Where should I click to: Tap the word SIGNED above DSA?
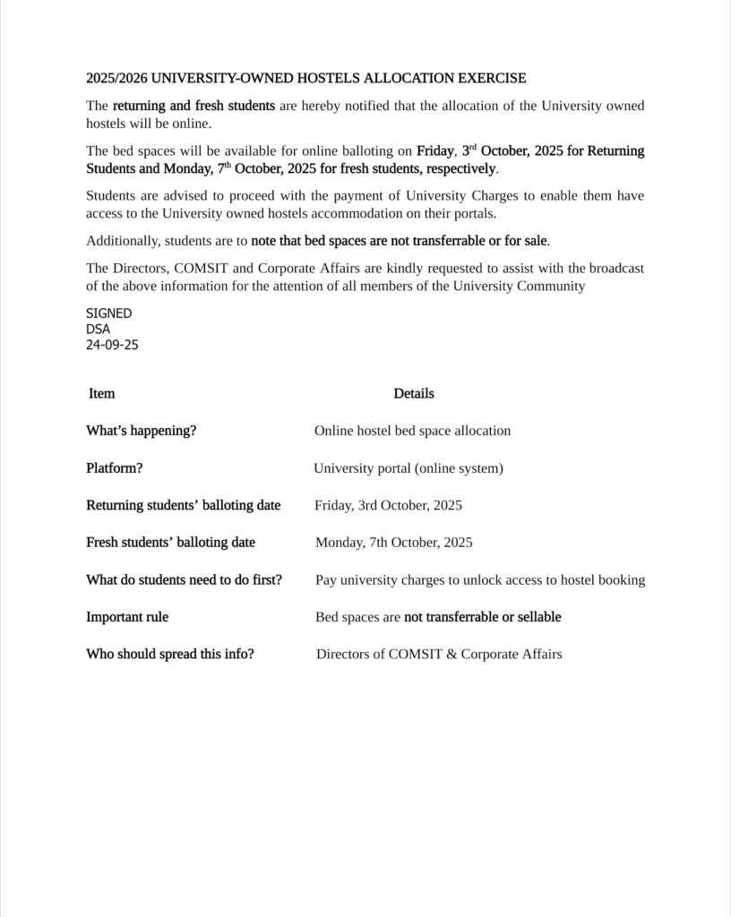[x=108, y=313]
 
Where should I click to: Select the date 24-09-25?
[x=112, y=344]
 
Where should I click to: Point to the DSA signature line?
[x=98, y=329]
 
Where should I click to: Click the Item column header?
[x=101, y=393]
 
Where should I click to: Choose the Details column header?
[x=413, y=393]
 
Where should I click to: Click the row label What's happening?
[x=141, y=431]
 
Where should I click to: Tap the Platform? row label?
[x=114, y=468]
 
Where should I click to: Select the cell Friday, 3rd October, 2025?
[x=388, y=505]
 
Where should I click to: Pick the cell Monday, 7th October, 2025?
[x=393, y=543]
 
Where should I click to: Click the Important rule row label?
[x=126, y=617]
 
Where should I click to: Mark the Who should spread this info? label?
[x=169, y=655]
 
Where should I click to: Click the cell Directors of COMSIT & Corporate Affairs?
[x=439, y=655]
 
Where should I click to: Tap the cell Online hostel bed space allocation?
[x=412, y=431]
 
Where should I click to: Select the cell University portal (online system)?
[x=408, y=468]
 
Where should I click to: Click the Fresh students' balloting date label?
[x=170, y=543]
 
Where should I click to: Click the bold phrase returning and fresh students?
[x=193, y=106]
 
